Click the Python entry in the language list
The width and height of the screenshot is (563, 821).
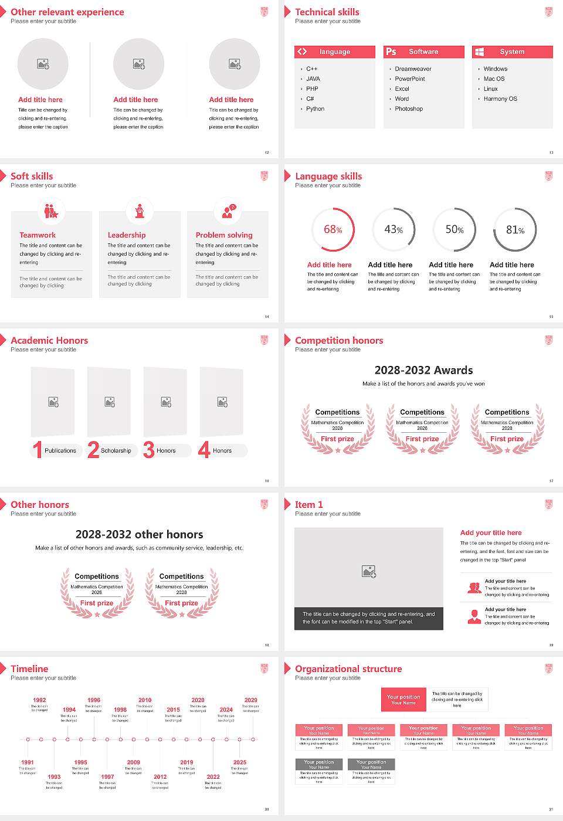tap(315, 109)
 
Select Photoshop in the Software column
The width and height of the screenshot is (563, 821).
tap(409, 109)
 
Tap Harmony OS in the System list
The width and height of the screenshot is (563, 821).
tap(500, 99)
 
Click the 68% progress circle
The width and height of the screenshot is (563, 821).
tap(333, 229)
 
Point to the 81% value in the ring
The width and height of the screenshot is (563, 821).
tap(515, 230)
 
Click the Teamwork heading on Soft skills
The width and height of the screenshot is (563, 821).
tap(38, 235)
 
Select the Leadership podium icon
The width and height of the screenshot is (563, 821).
tap(140, 211)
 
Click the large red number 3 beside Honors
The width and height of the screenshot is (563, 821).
tap(149, 450)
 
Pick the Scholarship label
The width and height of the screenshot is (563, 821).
tap(116, 451)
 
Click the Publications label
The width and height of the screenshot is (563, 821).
tap(60, 451)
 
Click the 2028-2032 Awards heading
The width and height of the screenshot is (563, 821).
tap(423, 370)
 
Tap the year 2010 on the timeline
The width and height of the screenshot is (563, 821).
tap(145, 700)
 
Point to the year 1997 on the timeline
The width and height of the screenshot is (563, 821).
tap(107, 776)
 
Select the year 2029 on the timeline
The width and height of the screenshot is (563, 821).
tap(250, 700)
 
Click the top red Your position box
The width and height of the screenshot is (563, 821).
tap(403, 700)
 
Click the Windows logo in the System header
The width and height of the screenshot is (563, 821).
tap(480, 52)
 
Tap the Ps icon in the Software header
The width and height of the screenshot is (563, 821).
tap(391, 52)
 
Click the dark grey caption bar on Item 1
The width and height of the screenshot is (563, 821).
tap(368, 618)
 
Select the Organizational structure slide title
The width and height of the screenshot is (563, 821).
tap(348, 669)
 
